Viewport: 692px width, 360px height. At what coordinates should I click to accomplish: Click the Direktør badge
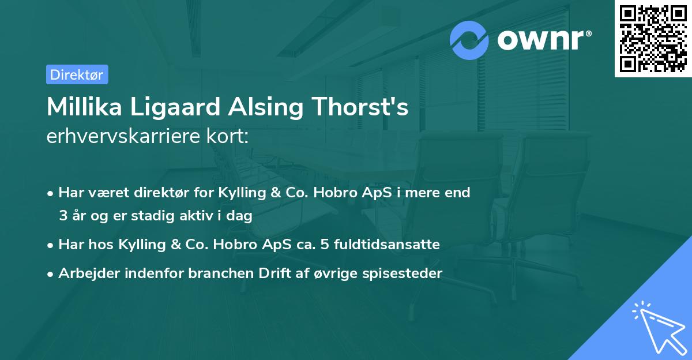tap(77, 74)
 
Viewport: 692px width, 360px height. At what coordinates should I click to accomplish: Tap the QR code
tap(653, 39)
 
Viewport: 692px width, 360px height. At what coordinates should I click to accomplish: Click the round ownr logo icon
tap(469, 40)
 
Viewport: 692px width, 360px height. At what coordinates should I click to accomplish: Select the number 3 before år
tap(63, 216)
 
